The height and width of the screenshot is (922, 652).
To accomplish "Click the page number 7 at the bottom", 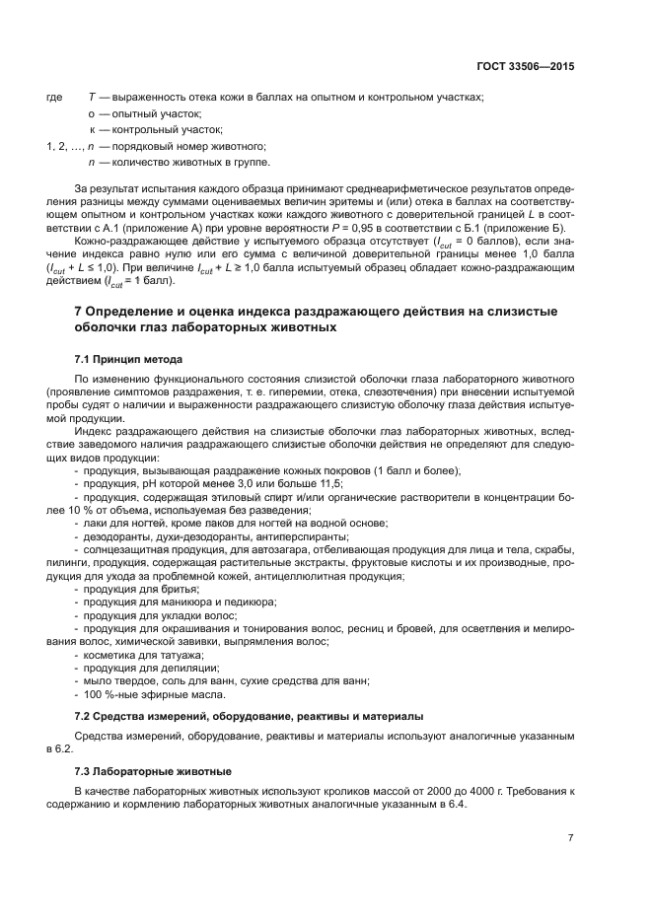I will [570, 837].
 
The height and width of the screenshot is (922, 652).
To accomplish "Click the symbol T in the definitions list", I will [91, 98].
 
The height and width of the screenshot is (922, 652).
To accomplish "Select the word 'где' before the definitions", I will [54, 98].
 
